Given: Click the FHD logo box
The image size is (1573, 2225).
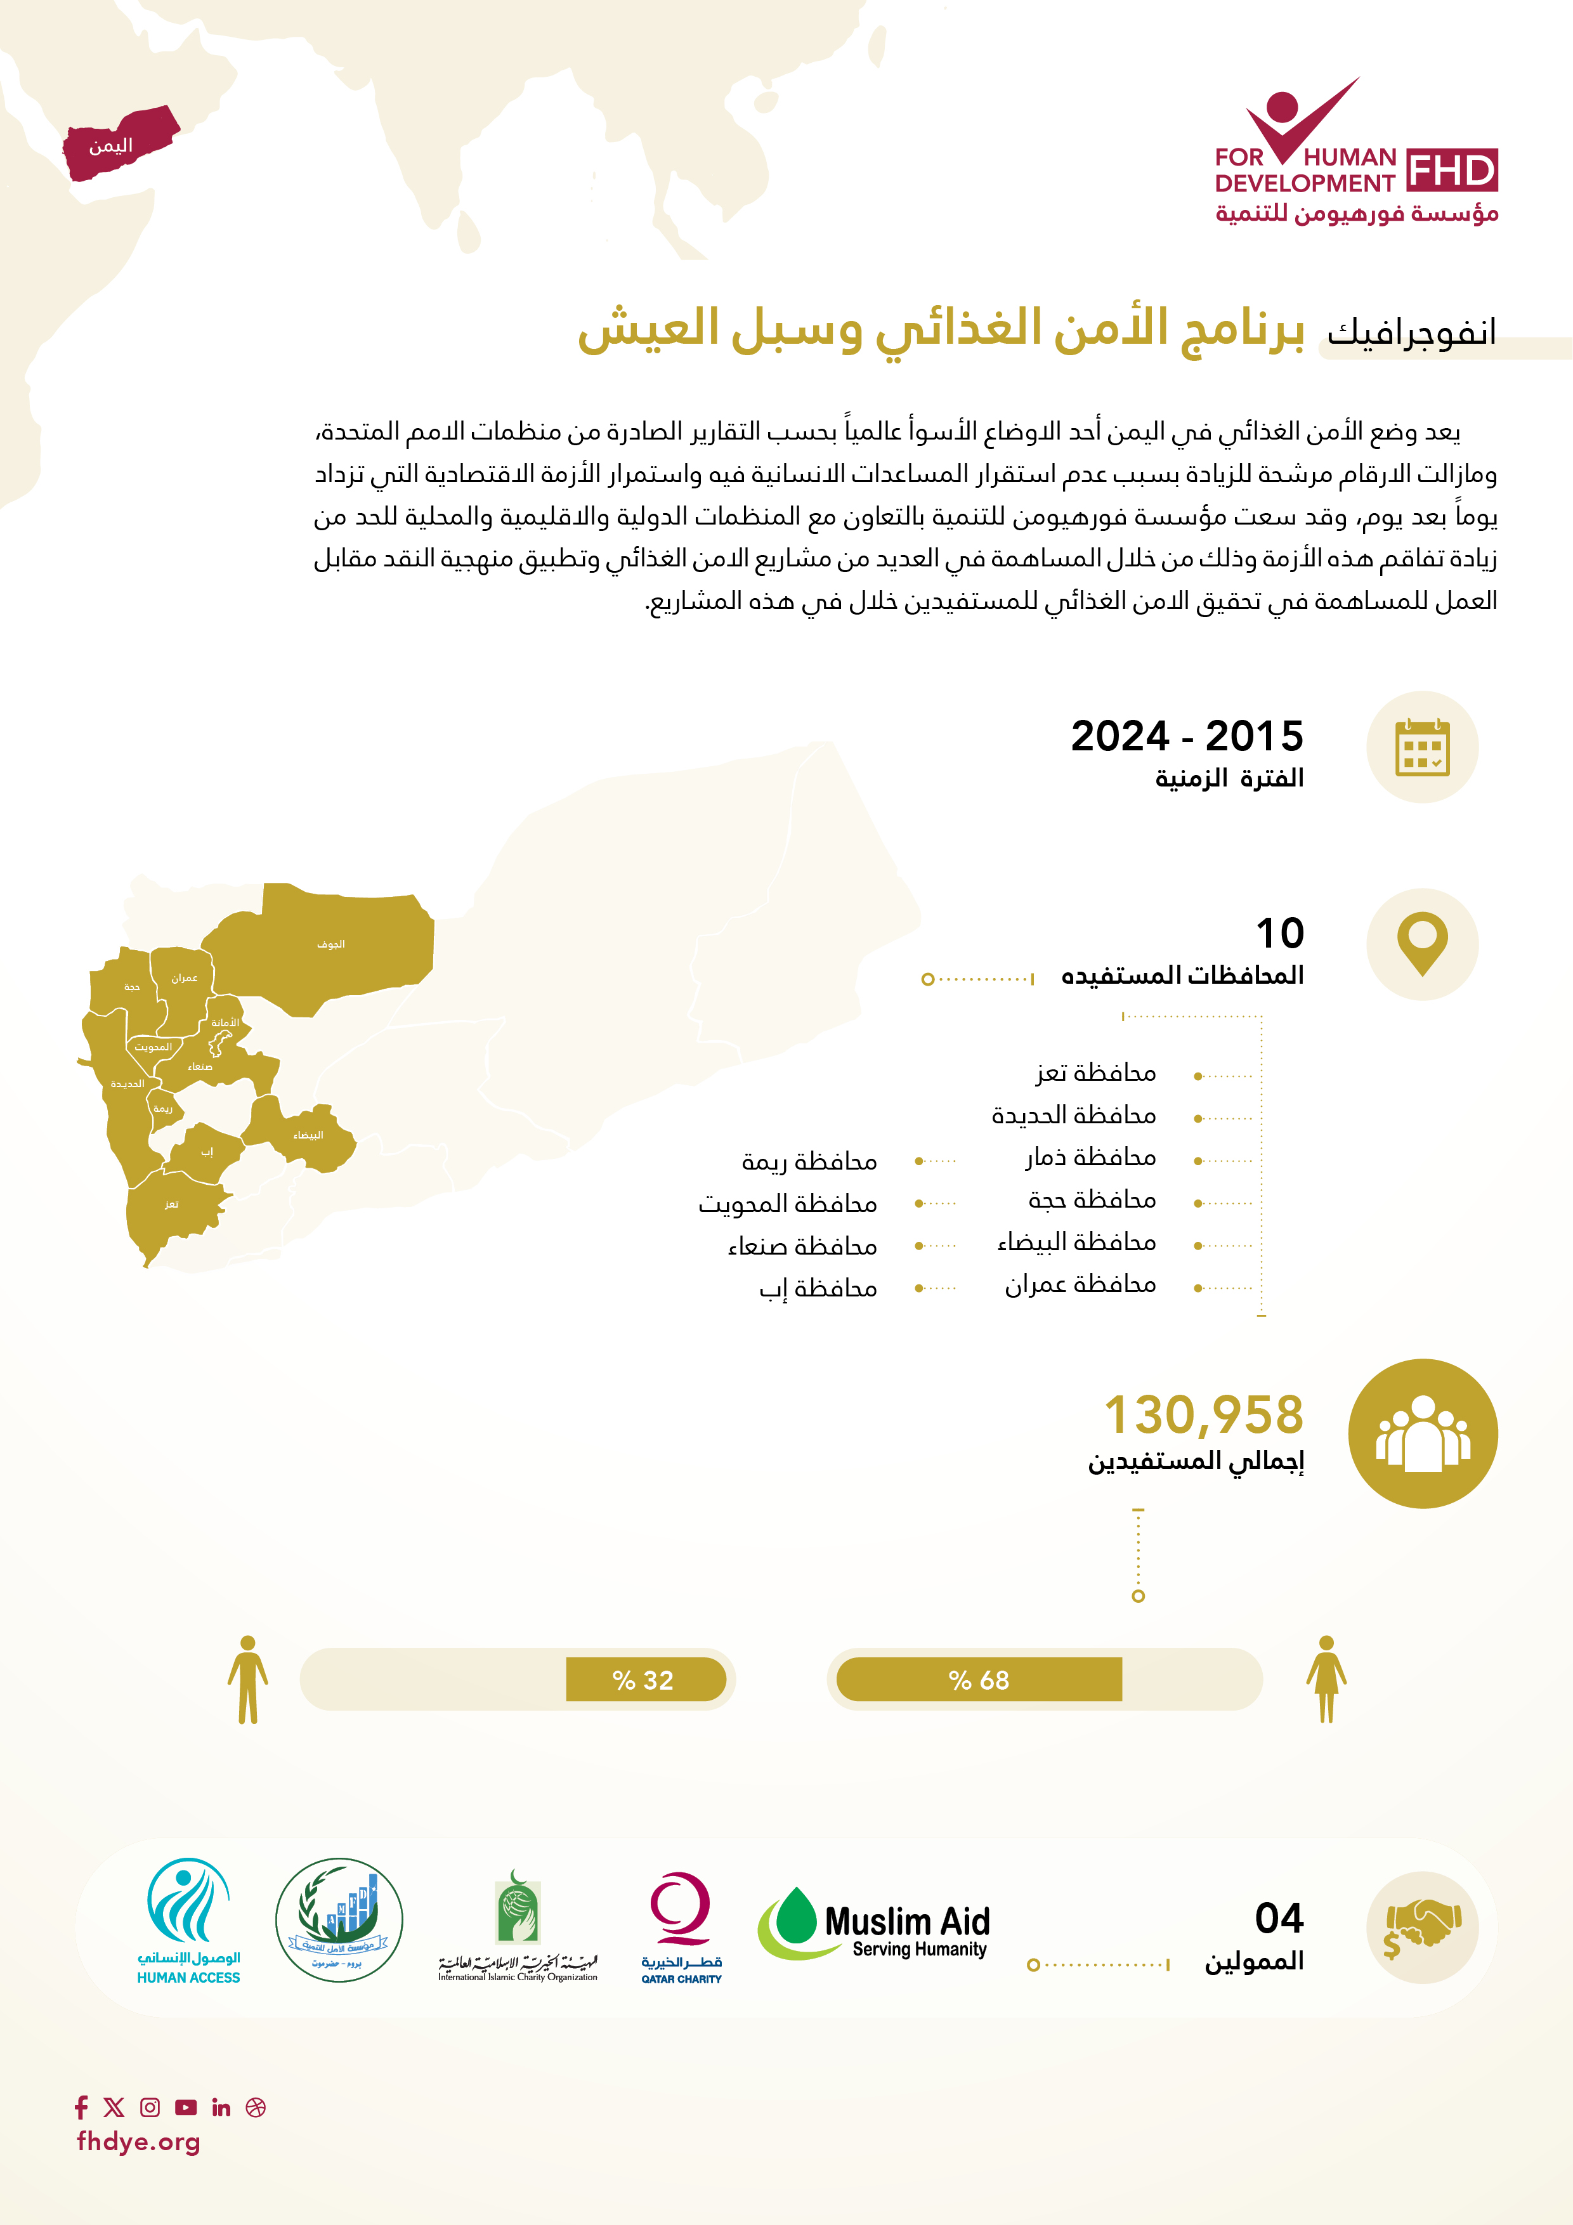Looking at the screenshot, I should pos(1451,171).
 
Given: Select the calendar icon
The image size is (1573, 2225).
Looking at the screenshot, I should pos(1422,747).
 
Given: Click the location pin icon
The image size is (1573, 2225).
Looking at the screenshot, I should pos(1422,943).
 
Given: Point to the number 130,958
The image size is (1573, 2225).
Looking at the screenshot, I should pos(1204,1415).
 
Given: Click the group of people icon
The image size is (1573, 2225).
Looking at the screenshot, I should pos(1422,1433).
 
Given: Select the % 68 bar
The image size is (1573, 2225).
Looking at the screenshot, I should pos(979,1680).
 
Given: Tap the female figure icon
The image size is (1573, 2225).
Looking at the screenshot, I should pos(1326,1680).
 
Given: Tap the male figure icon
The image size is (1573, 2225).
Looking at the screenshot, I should pos(248,1680).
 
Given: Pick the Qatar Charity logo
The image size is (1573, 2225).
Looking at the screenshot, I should pos(681,1926).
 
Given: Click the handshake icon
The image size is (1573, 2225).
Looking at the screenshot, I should pos(1422,1926).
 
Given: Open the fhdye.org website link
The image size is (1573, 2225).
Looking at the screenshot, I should pos(139,2142).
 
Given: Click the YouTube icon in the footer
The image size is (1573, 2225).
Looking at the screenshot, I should pos(186,2107).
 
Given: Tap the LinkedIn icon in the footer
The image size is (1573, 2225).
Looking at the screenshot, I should pos(221,2107).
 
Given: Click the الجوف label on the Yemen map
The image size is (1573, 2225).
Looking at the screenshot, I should pos(330,944).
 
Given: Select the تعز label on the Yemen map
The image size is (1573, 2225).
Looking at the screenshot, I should pos(171,1204).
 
